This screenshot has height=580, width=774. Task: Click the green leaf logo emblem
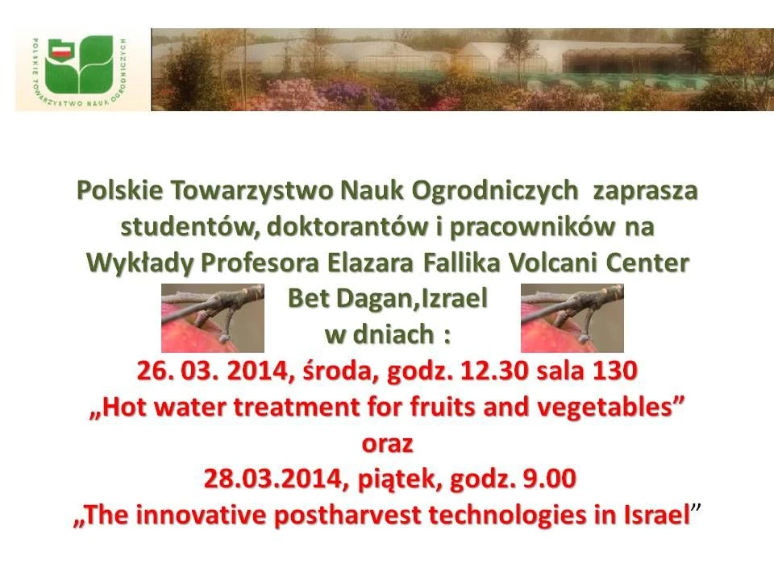[x=78, y=64]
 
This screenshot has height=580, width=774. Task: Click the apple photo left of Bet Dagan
[x=213, y=318]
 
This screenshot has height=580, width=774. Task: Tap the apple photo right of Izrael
[x=572, y=318]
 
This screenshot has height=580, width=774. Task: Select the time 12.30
[x=493, y=371]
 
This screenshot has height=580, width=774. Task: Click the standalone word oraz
[x=387, y=444]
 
